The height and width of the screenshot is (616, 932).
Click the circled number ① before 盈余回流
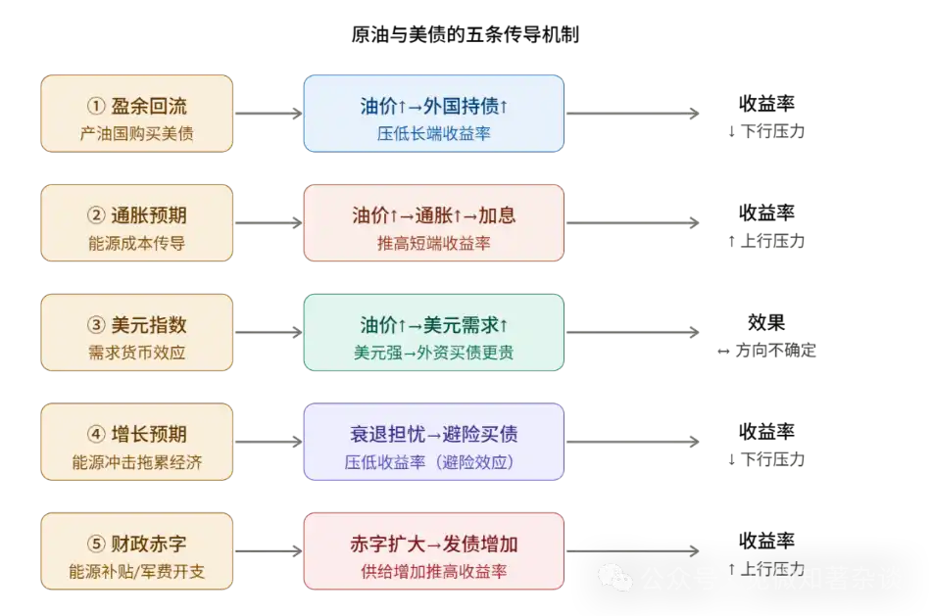pyautogui.click(x=95, y=106)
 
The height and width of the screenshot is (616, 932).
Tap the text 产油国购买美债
pyautogui.click(x=137, y=133)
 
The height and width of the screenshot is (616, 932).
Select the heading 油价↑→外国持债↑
pyautogui.click(x=433, y=106)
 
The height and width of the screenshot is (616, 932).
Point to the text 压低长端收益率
pyautogui.click(x=433, y=133)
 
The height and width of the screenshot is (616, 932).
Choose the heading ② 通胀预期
pyautogui.click(x=137, y=215)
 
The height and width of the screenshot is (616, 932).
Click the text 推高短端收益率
pyautogui.click(x=433, y=243)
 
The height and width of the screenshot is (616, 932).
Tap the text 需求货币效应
pyautogui.click(x=137, y=353)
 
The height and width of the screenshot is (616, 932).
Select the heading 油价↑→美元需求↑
pyautogui.click(x=433, y=325)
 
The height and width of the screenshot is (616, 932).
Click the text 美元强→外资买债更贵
pyautogui.click(x=433, y=353)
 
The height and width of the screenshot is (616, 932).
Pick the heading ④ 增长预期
pyautogui.click(x=137, y=435)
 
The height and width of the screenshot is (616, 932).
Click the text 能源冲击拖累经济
pyautogui.click(x=137, y=462)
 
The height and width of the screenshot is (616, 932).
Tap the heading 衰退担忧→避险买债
pyautogui.click(x=433, y=435)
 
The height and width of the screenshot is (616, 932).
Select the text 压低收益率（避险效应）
pyautogui.click(x=433, y=462)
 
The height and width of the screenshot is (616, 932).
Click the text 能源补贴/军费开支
pyautogui.click(x=137, y=572)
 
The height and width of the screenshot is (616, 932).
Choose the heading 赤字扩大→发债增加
pyautogui.click(x=433, y=545)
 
